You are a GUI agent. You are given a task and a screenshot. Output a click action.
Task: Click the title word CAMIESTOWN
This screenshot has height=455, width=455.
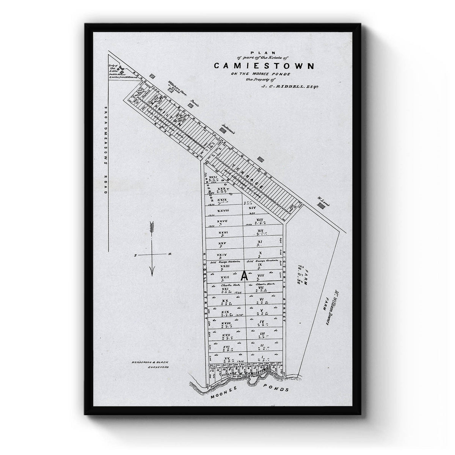pyautogui.click(x=264, y=66)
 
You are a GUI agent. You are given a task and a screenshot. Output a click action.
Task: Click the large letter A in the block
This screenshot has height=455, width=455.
pyautogui.click(x=245, y=276)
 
